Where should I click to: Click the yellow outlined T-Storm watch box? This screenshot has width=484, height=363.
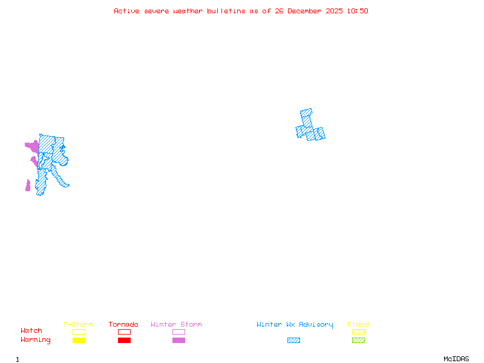[79, 332]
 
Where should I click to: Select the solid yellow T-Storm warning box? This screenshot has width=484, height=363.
[79, 341]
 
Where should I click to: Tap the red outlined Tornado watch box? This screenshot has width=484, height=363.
[124, 332]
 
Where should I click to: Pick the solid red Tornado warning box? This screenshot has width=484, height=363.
[124, 341]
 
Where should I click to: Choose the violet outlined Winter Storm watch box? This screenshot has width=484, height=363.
[178, 332]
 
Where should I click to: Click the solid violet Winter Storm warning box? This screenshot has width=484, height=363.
[178, 341]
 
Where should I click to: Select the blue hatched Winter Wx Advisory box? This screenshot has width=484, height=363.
[293, 341]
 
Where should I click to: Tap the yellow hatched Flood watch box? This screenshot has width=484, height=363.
[358, 332]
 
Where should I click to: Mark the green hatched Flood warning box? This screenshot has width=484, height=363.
[358, 341]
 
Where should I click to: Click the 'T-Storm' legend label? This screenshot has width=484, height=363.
[78, 325]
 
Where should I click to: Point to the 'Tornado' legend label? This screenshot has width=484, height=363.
[123, 325]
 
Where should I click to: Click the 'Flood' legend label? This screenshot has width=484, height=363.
[358, 325]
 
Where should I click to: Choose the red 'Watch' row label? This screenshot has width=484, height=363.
[31, 331]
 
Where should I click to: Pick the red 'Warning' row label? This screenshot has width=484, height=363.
[36, 340]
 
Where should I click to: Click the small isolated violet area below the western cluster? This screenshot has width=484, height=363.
[28, 186]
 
